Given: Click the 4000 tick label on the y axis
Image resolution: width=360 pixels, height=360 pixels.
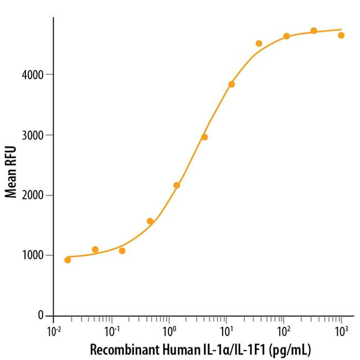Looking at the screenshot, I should click(x=34, y=74).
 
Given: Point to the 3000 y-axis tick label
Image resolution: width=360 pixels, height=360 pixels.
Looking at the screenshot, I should click(x=34, y=135).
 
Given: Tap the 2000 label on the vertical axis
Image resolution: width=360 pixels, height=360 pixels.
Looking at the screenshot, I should click(x=34, y=195).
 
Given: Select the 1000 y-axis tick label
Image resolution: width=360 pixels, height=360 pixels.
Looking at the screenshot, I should click(x=34, y=255).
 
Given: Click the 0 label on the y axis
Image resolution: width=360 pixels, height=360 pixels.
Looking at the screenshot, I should click(x=41, y=316).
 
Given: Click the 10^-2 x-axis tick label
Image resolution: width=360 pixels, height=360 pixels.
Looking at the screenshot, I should click(x=54, y=331).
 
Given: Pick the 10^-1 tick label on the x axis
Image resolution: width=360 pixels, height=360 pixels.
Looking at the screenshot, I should click(x=111, y=331).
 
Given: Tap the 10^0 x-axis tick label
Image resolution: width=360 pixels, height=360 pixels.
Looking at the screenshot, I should click(x=169, y=331).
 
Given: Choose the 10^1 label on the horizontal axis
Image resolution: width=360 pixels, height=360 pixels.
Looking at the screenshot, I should click(x=227, y=331).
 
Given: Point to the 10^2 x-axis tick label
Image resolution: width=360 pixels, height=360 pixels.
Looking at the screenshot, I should click(x=284, y=331).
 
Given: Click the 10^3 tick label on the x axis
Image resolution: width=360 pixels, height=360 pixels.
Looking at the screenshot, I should click(x=341, y=331).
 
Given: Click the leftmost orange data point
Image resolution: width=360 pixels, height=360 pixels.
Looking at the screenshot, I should click(x=68, y=260).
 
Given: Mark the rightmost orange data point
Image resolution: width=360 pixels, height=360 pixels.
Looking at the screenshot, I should click(x=341, y=35).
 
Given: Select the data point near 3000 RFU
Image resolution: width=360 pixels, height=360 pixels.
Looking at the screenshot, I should click(x=204, y=137).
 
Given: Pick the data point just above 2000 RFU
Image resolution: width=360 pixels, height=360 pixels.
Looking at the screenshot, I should click(x=177, y=185).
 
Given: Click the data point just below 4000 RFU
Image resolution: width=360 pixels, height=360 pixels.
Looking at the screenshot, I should click(x=232, y=84).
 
